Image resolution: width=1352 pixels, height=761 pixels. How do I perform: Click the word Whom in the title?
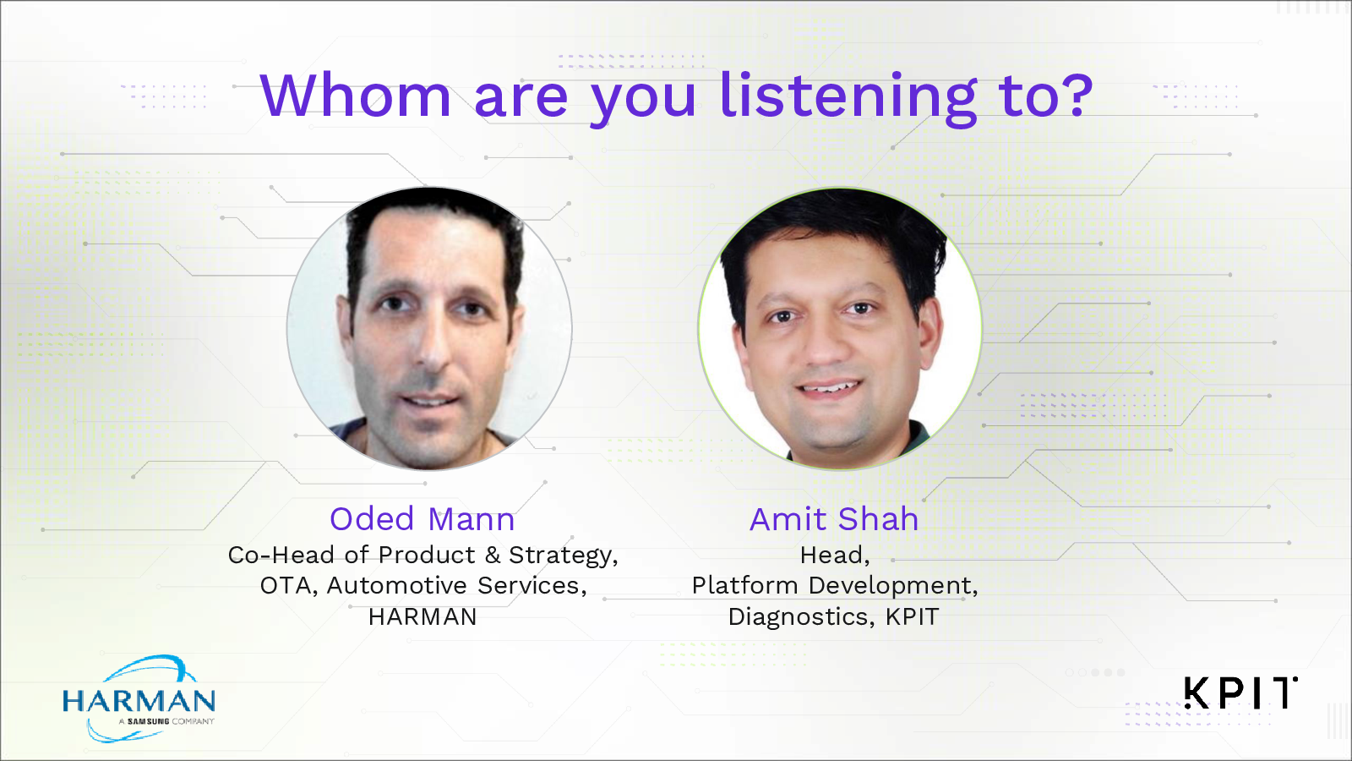356,95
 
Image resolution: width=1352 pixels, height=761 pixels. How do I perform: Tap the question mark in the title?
1076,95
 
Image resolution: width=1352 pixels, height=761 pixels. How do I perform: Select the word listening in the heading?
848,99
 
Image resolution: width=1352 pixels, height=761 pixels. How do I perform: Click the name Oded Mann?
422,519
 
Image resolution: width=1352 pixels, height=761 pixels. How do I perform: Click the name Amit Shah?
834,519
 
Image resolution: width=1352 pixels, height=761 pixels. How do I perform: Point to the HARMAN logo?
139,698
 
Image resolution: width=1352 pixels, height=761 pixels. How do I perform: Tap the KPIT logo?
1241,693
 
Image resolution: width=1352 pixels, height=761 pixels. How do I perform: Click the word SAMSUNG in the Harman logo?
149,721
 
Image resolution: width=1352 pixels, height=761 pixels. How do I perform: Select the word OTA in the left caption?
288,585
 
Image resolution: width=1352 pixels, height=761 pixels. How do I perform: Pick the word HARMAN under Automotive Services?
422,616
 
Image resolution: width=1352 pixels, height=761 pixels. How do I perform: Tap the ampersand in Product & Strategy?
493,555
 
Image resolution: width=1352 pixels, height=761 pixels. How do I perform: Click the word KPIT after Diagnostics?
912,616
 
